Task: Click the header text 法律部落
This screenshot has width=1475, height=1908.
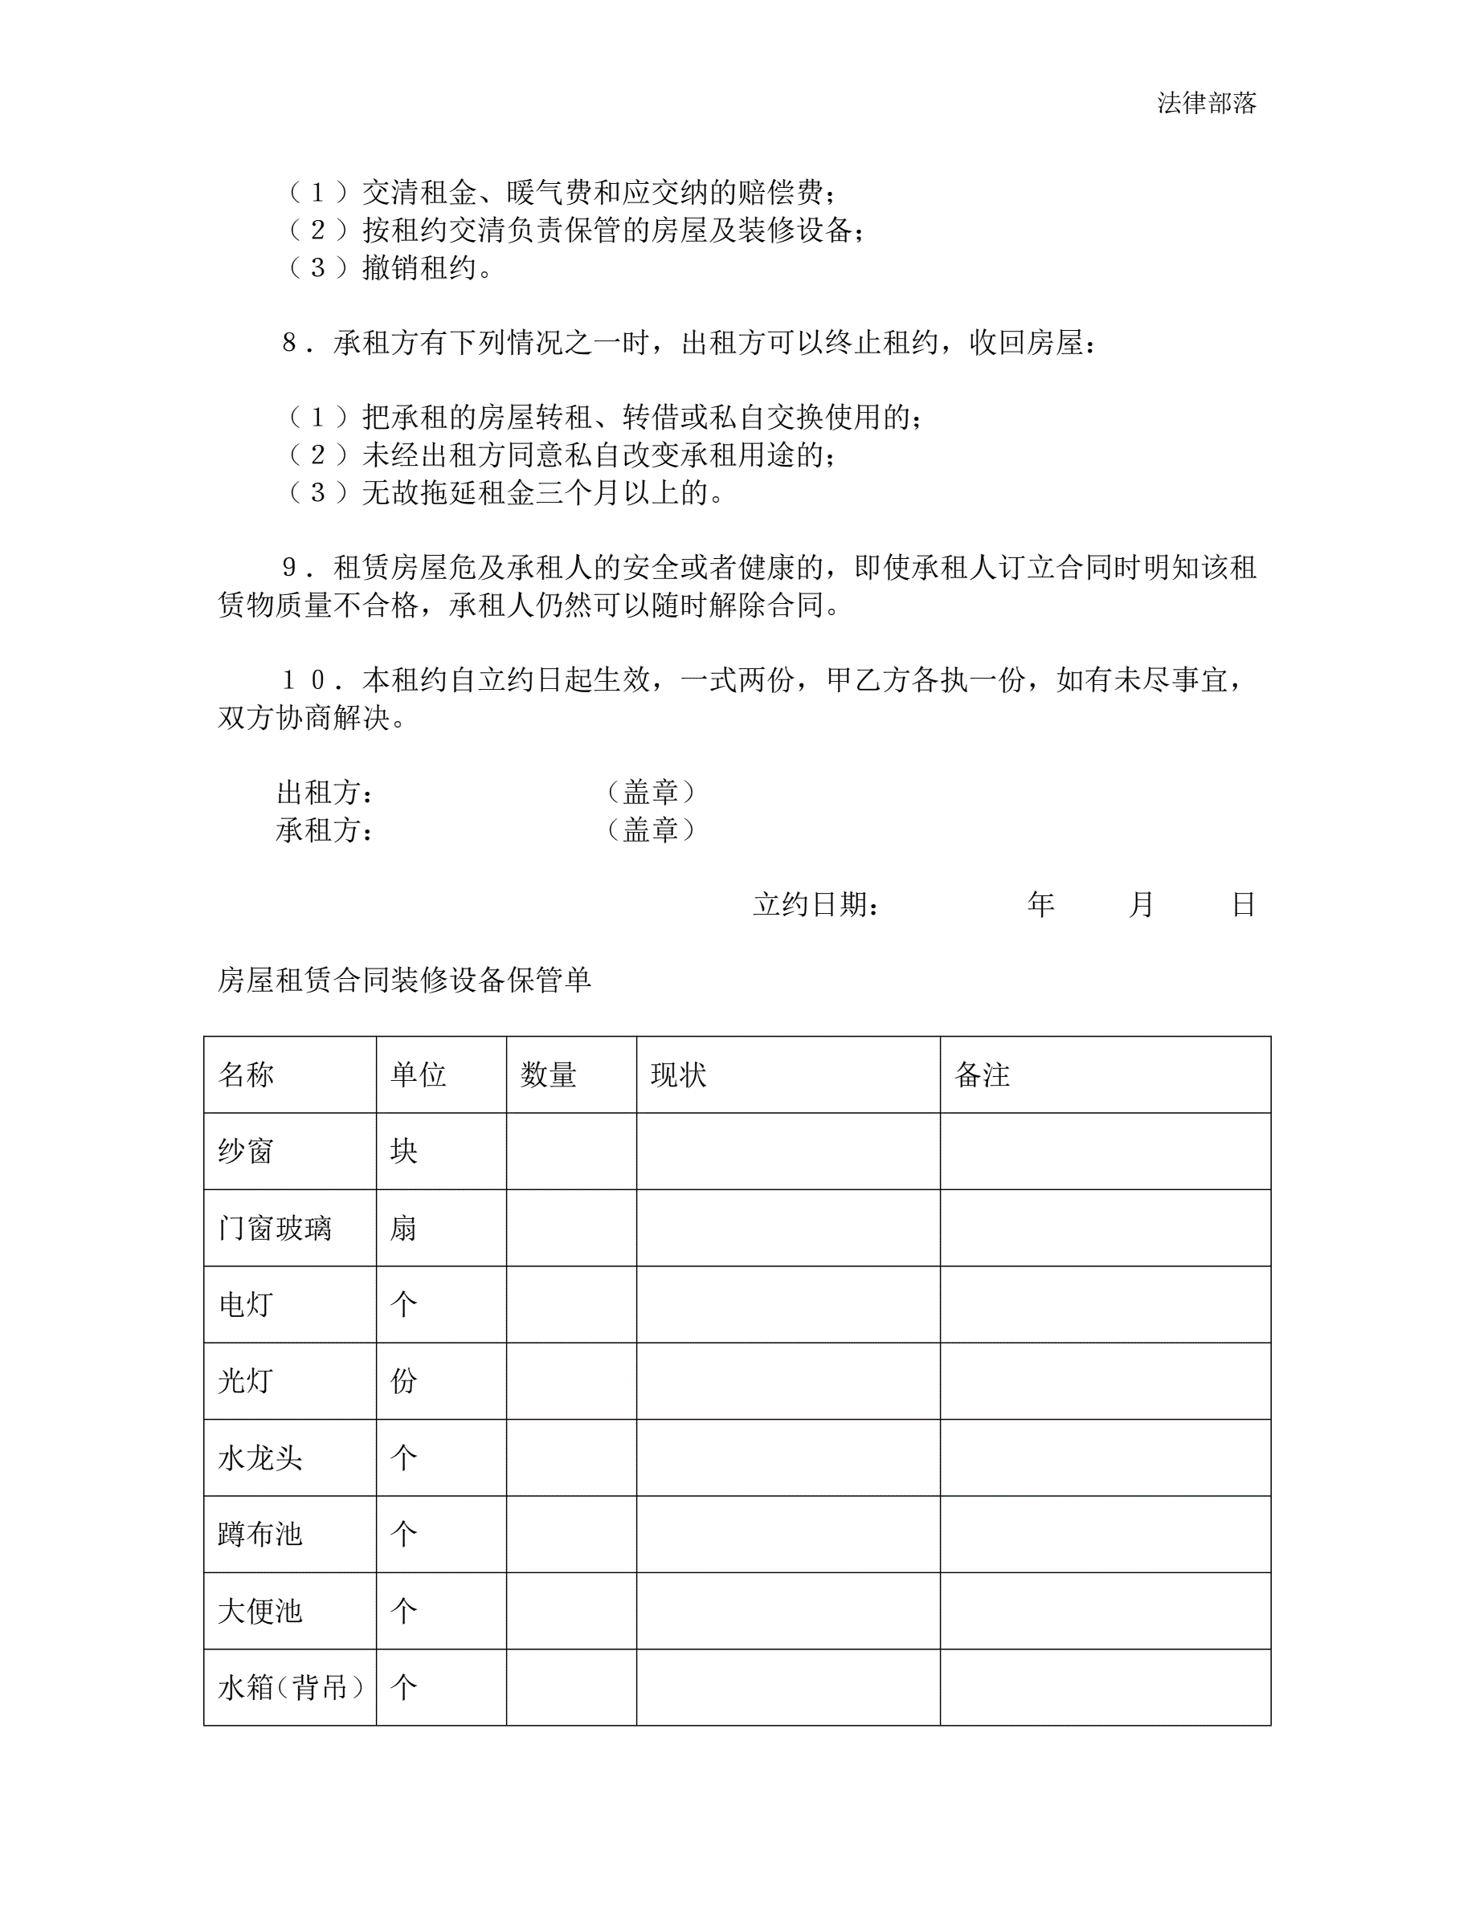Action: [x=1206, y=103]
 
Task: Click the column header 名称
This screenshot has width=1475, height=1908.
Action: [x=246, y=1074]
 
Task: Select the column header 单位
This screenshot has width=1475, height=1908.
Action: [x=418, y=1074]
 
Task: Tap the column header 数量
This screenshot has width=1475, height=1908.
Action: [x=548, y=1074]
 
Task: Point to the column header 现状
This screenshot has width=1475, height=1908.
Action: [x=678, y=1074]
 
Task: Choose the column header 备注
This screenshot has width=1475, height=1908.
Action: [x=983, y=1074]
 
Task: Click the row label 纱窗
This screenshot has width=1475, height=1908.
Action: [x=246, y=1152]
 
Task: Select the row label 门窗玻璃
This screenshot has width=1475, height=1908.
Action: [x=275, y=1229]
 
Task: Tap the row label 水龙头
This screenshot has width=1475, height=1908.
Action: [x=259, y=1458]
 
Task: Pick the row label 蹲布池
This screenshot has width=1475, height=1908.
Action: [x=259, y=1535]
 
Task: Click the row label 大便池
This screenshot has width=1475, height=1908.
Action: [x=259, y=1611]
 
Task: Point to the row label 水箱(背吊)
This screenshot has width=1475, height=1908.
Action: [x=290, y=1688]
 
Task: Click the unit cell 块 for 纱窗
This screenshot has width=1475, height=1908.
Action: [x=404, y=1152]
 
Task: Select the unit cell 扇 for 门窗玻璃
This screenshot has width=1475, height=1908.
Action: [x=404, y=1229]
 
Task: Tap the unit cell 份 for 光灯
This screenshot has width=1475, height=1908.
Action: [x=404, y=1381]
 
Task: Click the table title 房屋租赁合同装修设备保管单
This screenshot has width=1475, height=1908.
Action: [x=404, y=980]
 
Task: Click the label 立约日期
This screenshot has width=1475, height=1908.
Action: [x=815, y=905]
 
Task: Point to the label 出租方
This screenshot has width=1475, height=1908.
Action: [x=325, y=793]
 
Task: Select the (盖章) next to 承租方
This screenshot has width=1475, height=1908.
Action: [x=651, y=830]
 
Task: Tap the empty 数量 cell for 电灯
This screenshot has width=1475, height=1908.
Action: [x=571, y=1304]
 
